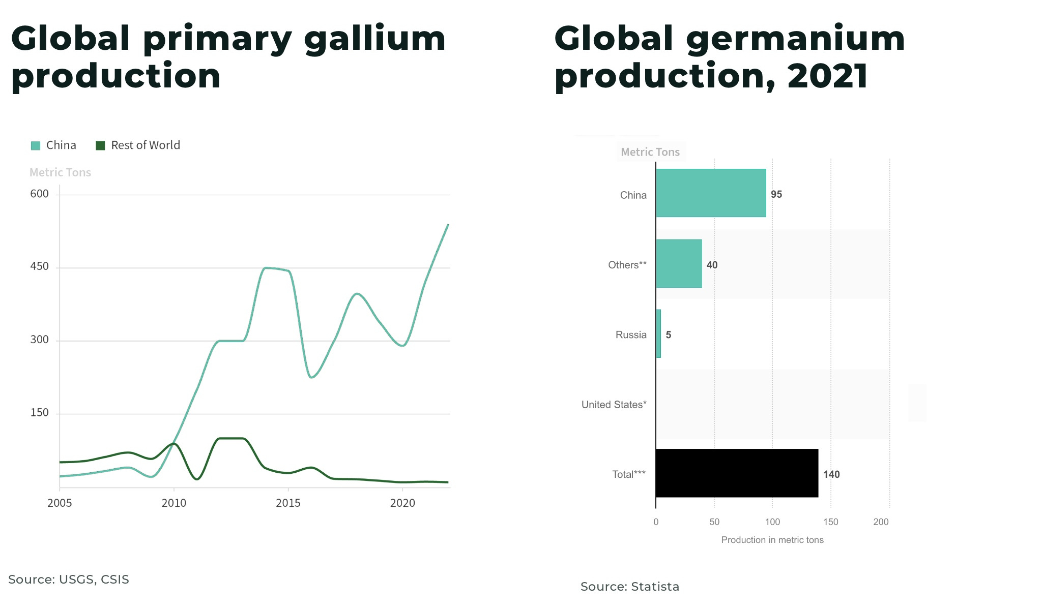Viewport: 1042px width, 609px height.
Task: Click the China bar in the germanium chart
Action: click(711, 193)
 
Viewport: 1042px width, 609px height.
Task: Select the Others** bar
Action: click(679, 263)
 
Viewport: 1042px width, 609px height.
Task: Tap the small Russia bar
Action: click(658, 333)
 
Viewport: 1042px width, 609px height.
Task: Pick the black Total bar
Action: click(737, 473)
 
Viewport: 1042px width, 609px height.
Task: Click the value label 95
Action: click(776, 195)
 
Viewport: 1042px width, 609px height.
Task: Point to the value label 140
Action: click(831, 474)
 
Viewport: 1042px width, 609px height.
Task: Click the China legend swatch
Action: click(36, 146)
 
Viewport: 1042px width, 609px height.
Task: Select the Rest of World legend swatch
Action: click(101, 146)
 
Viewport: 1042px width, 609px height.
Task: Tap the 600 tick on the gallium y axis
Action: click(40, 194)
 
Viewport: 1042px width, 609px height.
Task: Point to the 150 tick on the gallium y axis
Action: click(40, 413)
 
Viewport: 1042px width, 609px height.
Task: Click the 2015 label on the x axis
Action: click(288, 503)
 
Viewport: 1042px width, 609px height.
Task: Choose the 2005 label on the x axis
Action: click(60, 503)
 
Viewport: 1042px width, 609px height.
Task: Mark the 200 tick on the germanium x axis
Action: click(881, 522)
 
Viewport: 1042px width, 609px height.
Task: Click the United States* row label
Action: click(614, 405)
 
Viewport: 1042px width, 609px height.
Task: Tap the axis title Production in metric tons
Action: click(772, 540)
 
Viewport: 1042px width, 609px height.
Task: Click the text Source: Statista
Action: click(629, 587)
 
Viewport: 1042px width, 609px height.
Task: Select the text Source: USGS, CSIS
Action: click(69, 580)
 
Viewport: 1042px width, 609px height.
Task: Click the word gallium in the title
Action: click(374, 39)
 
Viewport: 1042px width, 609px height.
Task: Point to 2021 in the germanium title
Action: click(827, 76)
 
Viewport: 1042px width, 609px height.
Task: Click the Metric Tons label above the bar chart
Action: click(650, 152)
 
